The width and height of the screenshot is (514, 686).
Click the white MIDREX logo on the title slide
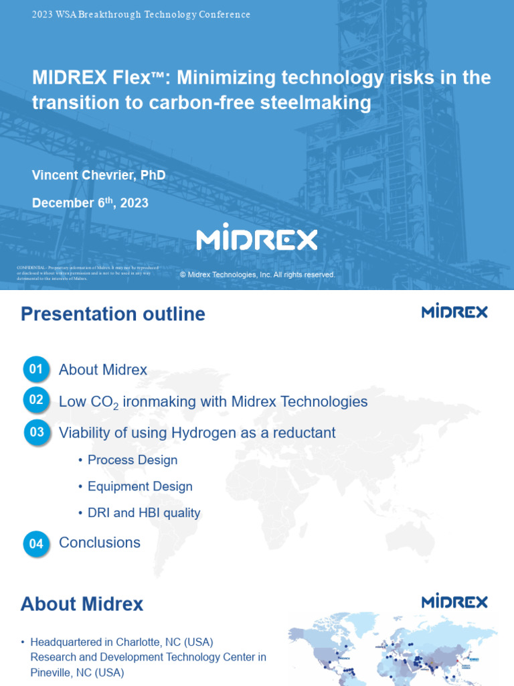(x=256, y=237)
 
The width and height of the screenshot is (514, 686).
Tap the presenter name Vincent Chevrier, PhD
(x=98, y=176)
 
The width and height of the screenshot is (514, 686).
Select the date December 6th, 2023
(x=90, y=202)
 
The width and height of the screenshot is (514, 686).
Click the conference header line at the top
(x=141, y=15)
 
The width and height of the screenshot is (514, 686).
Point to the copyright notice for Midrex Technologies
(x=258, y=275)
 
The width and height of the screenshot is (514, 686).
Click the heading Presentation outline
(x=113, y=314)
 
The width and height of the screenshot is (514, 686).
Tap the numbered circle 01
(x=36, y=369)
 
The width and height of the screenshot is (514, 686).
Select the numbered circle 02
(x=36, y=401)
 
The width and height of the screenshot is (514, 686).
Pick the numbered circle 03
(x=36, y=432)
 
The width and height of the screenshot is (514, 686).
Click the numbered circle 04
(x=36, y=543)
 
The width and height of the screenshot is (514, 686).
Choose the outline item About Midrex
(x=103, y=370)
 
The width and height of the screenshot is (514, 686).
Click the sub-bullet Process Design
(x=133, y=460)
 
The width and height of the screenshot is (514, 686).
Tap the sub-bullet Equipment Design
(x=140, y=486)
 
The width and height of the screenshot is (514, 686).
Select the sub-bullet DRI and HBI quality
(x=144, y=513)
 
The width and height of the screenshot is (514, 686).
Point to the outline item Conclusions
(x=100, y=543)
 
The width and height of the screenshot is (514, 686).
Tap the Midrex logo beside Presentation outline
(x=454, y=312)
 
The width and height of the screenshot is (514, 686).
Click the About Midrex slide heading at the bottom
(x=82, y=604)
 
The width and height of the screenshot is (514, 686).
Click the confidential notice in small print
(x=84, y=273)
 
